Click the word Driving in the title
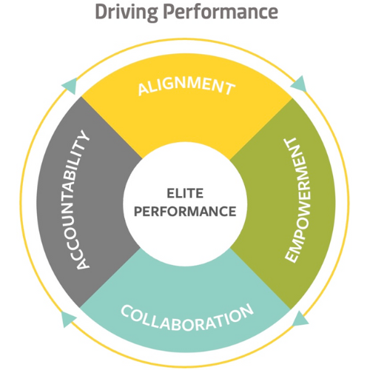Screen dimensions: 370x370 (127, 13)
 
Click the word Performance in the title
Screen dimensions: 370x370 (221, 12)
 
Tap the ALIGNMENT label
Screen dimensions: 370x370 (186, 86)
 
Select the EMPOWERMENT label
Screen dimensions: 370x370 (297, 201)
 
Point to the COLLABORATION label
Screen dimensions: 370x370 (187, 317)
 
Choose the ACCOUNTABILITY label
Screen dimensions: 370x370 (81, 199)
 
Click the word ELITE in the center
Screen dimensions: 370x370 (185, 193)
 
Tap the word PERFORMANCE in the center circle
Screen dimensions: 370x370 (185, 212)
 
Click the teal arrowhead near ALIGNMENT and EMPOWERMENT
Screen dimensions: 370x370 (299, 84)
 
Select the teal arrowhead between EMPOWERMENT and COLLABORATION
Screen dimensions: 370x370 (300, 319)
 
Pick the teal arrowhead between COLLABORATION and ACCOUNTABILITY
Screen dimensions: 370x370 (68, 319)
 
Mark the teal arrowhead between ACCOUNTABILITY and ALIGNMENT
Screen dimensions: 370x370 (70, 86)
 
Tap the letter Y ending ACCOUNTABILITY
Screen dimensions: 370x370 (84, 136)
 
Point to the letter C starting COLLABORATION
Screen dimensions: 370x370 (127, 311)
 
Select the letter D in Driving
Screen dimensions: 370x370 (101, 12)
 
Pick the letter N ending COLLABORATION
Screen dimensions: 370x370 (246, 310)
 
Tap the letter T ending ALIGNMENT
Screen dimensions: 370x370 (229, 89)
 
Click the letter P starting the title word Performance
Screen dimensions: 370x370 (169, 12)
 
